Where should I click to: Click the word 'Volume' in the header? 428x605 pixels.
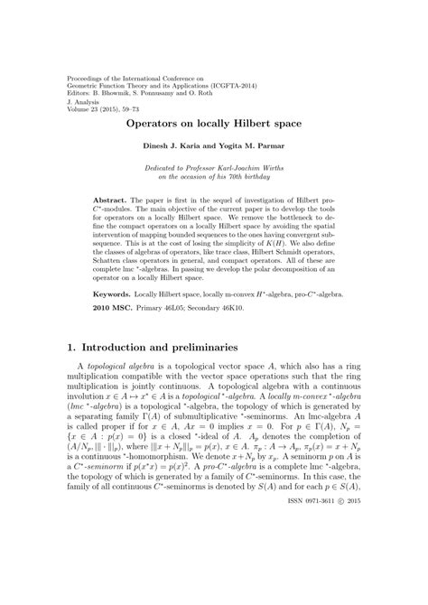pos(82,110)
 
